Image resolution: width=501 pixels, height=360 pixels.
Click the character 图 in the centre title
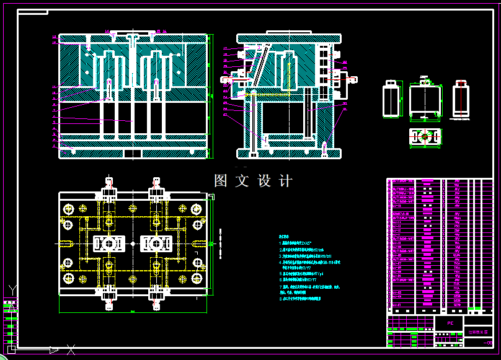tap(221, 181)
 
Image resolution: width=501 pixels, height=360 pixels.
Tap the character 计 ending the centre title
tap(286, 181)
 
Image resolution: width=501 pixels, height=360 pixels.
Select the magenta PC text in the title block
tap(451, 323)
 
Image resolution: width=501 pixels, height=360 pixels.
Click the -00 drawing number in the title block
tap(487, 343)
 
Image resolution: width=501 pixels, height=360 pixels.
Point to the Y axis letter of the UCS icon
tap(12, 289)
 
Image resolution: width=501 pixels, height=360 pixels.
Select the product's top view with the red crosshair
tap(425, 137)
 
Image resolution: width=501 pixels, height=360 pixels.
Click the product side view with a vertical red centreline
tap(461, 99)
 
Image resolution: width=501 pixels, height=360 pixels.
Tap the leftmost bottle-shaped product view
tap(391, 100)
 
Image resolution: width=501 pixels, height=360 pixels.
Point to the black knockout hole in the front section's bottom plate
tap(132, 152)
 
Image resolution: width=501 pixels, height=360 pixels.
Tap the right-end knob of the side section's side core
tap(353, 79)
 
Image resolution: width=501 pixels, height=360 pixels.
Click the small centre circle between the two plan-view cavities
tap(132, 244)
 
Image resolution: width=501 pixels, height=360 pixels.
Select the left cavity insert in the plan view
tap(109, 244)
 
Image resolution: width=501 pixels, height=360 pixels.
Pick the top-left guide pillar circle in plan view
tap(68, 208)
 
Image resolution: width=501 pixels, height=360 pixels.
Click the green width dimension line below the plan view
tap(132, 312)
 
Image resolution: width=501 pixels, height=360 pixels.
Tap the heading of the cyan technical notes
tap(285, 237)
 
